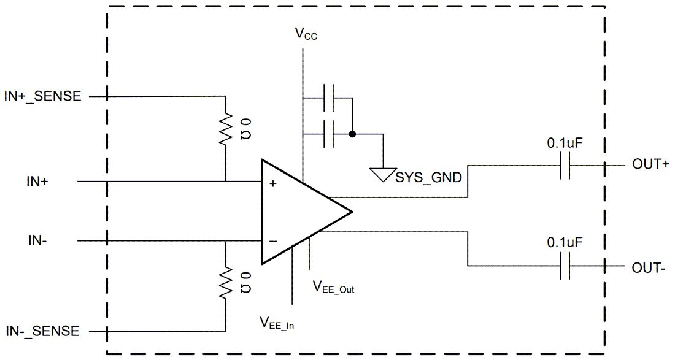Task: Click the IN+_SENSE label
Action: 42,96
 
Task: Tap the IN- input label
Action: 37,240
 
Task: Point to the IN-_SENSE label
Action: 42,331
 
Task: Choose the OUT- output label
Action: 649,268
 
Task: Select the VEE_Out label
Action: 333,286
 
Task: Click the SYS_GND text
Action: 428,177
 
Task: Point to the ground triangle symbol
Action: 382,175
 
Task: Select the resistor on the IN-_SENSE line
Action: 226,281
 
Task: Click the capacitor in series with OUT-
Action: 565,266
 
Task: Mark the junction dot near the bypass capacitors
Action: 352,134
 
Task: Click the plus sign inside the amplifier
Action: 272,183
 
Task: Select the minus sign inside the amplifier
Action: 272,241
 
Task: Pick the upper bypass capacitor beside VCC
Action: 329,97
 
